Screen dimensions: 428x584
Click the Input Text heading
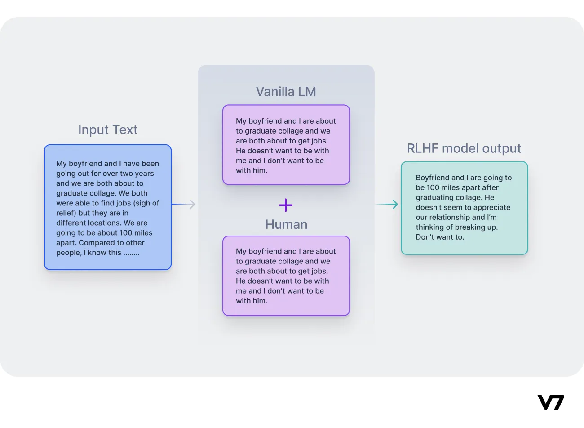click(x=108, y=129)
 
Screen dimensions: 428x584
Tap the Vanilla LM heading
click(x=286, y=92)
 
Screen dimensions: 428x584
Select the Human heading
click(x=286, y=224)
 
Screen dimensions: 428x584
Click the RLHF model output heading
click(x=464, y=148)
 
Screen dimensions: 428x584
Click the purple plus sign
click(x=286, y=205)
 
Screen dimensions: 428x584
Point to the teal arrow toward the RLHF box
click(x=387, y=205)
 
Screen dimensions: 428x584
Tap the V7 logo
click(x=550, y=402)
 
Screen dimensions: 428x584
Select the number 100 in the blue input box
click(x=126, y=233)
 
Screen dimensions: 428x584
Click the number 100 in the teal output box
click(x=433, y=187)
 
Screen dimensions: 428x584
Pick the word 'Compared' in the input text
click(x=95, y=243)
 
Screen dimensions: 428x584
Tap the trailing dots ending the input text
click(x=132, y=253)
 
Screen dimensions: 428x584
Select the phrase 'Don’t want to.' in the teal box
click(x=440, y=237)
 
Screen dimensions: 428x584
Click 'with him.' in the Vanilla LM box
click(x=252, y=170)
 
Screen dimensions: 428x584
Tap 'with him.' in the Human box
click(x=252, y=301)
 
